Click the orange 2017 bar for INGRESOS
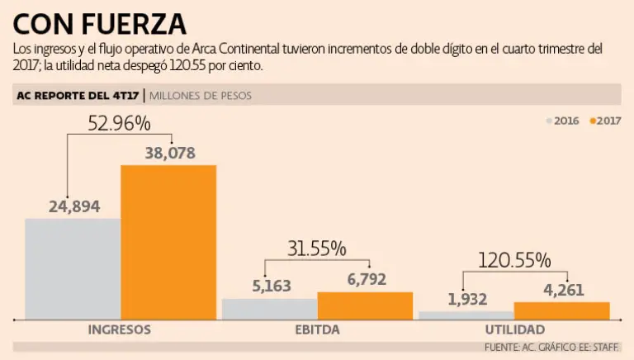pyautogui.click(x=168, y=242)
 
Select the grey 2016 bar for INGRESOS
pyautogui.click(x=73, y=268)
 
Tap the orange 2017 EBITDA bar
pyautogui.click(x=365, y=306)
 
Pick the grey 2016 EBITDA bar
pyautogui.click(x=269, y=309)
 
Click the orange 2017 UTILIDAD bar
pyautogui.click(x=561, y=310)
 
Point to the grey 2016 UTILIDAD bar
pyautogui.click(x=466, y=315)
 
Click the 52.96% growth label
pyautogui.click(x=119, y=124)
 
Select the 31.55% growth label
pyautogui.click(x=316, y=249)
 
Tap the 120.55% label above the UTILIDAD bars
pyautogui.click(x=513, y=261)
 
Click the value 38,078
pyautogui.click(x=168, y=153)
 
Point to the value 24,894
pyautogui.click(x=73, y=206)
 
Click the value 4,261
pyautogui.click(x=561, y=290)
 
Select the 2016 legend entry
pyautogui.click(x=563, y=121)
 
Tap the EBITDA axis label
pyautogui.click(x=316, y=329)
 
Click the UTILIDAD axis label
pyautogui.click(x=514, y=329)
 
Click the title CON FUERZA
pyautogui.click(x=100, y=22)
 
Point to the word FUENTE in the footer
pyautogui.click(x=501, y=348)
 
